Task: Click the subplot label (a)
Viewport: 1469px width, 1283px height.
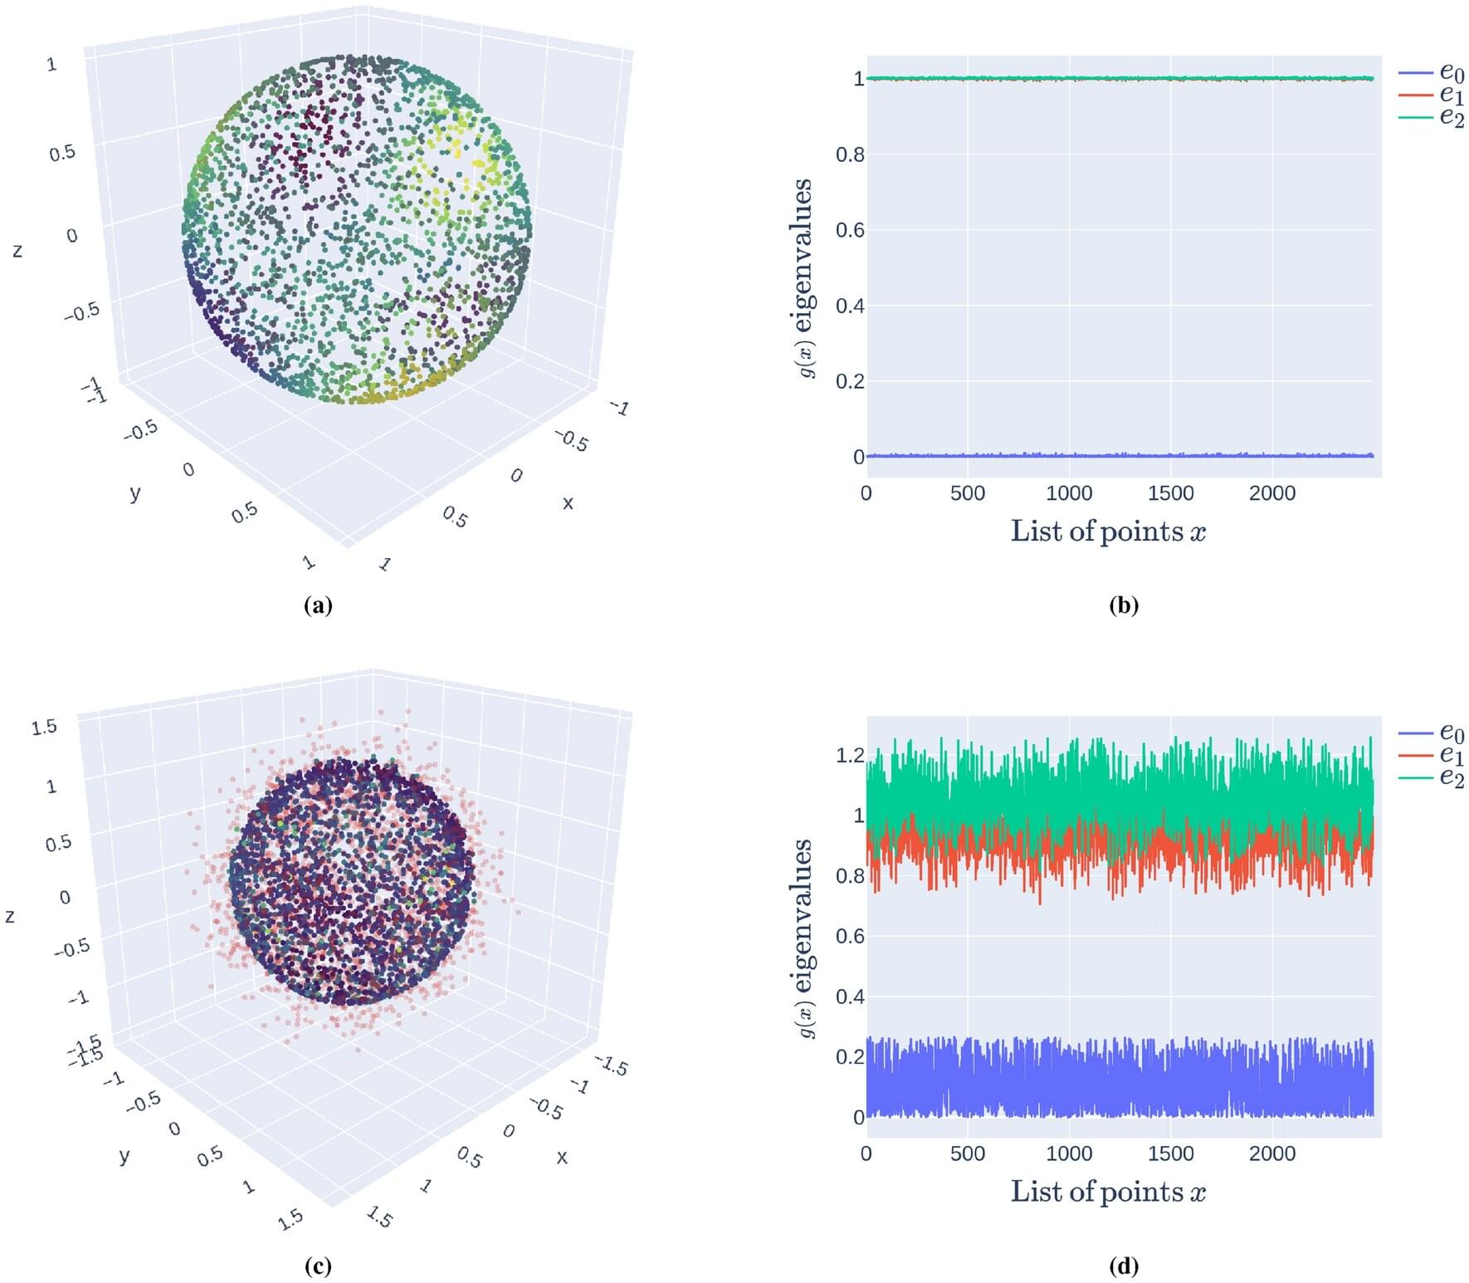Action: tap(319, 605)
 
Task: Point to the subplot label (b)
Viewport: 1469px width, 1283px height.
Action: tap(1124, 605)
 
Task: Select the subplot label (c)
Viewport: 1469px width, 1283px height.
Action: tap(319, 1266)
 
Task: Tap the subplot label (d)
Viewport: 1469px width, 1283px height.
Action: tap(1124, 1266)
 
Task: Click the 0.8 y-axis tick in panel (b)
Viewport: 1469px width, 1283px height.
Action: tap(849, 154)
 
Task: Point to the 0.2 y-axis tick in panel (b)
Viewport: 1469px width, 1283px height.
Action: tap(849, 381)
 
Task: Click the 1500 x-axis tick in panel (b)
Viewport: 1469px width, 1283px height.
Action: tap(1170, 493)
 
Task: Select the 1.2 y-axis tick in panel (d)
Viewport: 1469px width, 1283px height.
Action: tap(849, 755)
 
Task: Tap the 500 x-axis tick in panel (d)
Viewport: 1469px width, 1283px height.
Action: tap(967, 1153)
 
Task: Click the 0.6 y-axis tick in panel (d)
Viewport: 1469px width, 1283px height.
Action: tap(849, 936)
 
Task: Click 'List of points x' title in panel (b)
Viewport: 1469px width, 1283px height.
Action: tap(1107, 531)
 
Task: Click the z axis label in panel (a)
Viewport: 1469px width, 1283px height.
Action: tap(17, 250)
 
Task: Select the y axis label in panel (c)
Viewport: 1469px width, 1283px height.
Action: tap(124, 1155)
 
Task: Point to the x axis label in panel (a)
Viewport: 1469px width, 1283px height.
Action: tap(568, 502)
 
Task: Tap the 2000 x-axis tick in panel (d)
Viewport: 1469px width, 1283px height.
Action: tap(1271, 1153)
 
